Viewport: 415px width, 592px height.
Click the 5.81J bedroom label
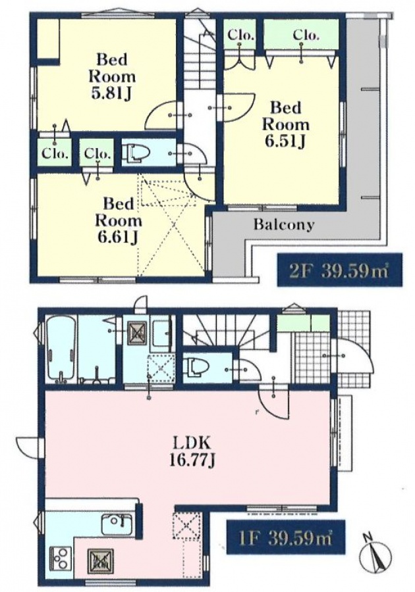pyautogui.click(x=112, y=77)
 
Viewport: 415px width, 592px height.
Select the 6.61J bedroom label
pyautogui.click(x=118, y=220)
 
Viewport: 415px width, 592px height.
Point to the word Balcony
pyautogui.click(x=283, y=225)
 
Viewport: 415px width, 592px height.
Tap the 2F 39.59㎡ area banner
pyautogui.click(x=339, y=270)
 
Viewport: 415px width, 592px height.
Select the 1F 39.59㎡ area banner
pyautogui.click(x=286, y=537)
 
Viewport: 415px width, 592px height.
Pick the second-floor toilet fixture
pyautogui.click(x=136, y=153)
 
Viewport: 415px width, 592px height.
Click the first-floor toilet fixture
pyautogui.click(x=196, y=368)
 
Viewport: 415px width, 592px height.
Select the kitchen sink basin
pyautogui.click(x=117, y=524)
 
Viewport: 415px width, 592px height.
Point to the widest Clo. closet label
pyautogui.click(x=306, y=35)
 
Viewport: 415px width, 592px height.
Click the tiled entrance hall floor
pyautogui.click(x=312, y=360)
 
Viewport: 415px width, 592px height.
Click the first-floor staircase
pyautogui.click(x=227, y=332)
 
